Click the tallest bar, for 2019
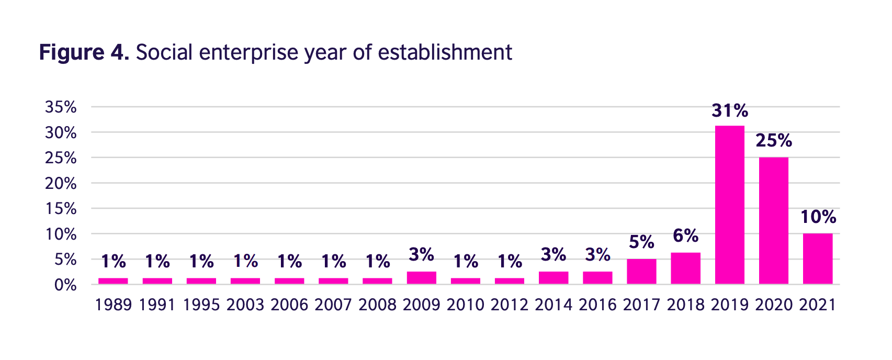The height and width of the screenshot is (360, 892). (729, 205)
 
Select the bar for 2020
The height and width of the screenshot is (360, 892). (773, 221)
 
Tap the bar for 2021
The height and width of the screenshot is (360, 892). (817, 258)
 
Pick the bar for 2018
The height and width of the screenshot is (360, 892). (685, 268)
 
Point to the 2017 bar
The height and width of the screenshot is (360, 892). (641, 271)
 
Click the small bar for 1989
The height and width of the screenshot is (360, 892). (113, 281)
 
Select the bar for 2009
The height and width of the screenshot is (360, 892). (421, 278)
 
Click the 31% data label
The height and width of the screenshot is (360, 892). (729, 111)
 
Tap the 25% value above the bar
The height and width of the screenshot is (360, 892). (773, 141)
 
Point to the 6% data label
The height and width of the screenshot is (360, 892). (685, 236)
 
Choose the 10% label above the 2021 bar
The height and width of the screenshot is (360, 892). (818, 217)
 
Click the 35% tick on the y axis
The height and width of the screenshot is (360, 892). (61, 107)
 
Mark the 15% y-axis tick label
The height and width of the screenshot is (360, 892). (61, 209)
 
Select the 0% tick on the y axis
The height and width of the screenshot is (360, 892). (65, 285)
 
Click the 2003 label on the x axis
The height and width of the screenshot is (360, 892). (245, 305)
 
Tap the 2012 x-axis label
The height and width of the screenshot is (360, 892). (509, 305)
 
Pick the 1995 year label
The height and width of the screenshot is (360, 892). (201, 305)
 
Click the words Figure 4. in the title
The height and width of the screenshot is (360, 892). (84, 53)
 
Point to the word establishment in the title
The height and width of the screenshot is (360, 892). (445, 53)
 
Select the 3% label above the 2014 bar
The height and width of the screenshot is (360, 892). (553, 255)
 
